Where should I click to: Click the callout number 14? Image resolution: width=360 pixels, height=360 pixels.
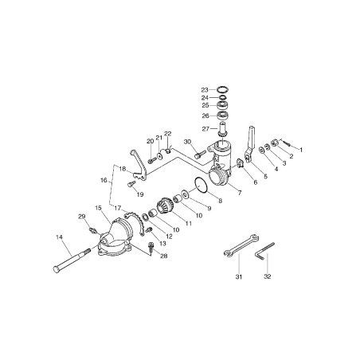(x=59, y=237)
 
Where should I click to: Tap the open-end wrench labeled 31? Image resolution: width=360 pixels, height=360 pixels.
(x=241, y=245)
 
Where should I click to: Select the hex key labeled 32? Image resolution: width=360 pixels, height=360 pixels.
(x=265, y=251)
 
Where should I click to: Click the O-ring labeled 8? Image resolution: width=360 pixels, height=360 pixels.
(x=202, y=184)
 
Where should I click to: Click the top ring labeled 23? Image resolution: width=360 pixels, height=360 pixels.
(x=222, y=89)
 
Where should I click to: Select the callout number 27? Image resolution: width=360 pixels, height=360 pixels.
(x=205, y=129)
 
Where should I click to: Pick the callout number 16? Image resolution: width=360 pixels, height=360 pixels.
(x=104, y=181)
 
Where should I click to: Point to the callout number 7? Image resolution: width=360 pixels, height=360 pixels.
(x=240, y=193)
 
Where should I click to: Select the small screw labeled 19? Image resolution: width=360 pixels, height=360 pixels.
(x=131, y=184)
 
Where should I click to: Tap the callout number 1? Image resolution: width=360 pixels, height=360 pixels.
(x=301, y=150)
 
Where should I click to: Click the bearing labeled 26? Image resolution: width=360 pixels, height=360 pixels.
(x=222, y=115)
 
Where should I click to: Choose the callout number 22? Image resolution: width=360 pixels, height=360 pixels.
(x=168, y=134)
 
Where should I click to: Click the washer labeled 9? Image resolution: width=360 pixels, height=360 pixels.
(x=185, y=194)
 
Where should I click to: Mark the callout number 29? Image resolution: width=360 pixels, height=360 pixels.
(x=82, y=217)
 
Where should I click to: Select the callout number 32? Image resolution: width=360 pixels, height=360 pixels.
(x=268, y=276)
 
